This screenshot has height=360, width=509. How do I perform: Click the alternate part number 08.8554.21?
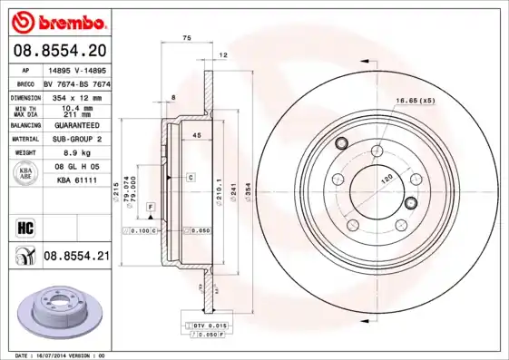pyautogui.click(x=75, y=257)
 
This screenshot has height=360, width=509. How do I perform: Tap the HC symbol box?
pyautogui.click(x=24, y=226)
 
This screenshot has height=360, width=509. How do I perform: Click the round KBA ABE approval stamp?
pyautogui.click(x=25, y=175)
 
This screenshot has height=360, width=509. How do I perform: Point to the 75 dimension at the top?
pyautogui.click(x=186, y=37)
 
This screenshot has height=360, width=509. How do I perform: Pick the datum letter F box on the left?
pyautogui.click(x=150, y=208)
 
